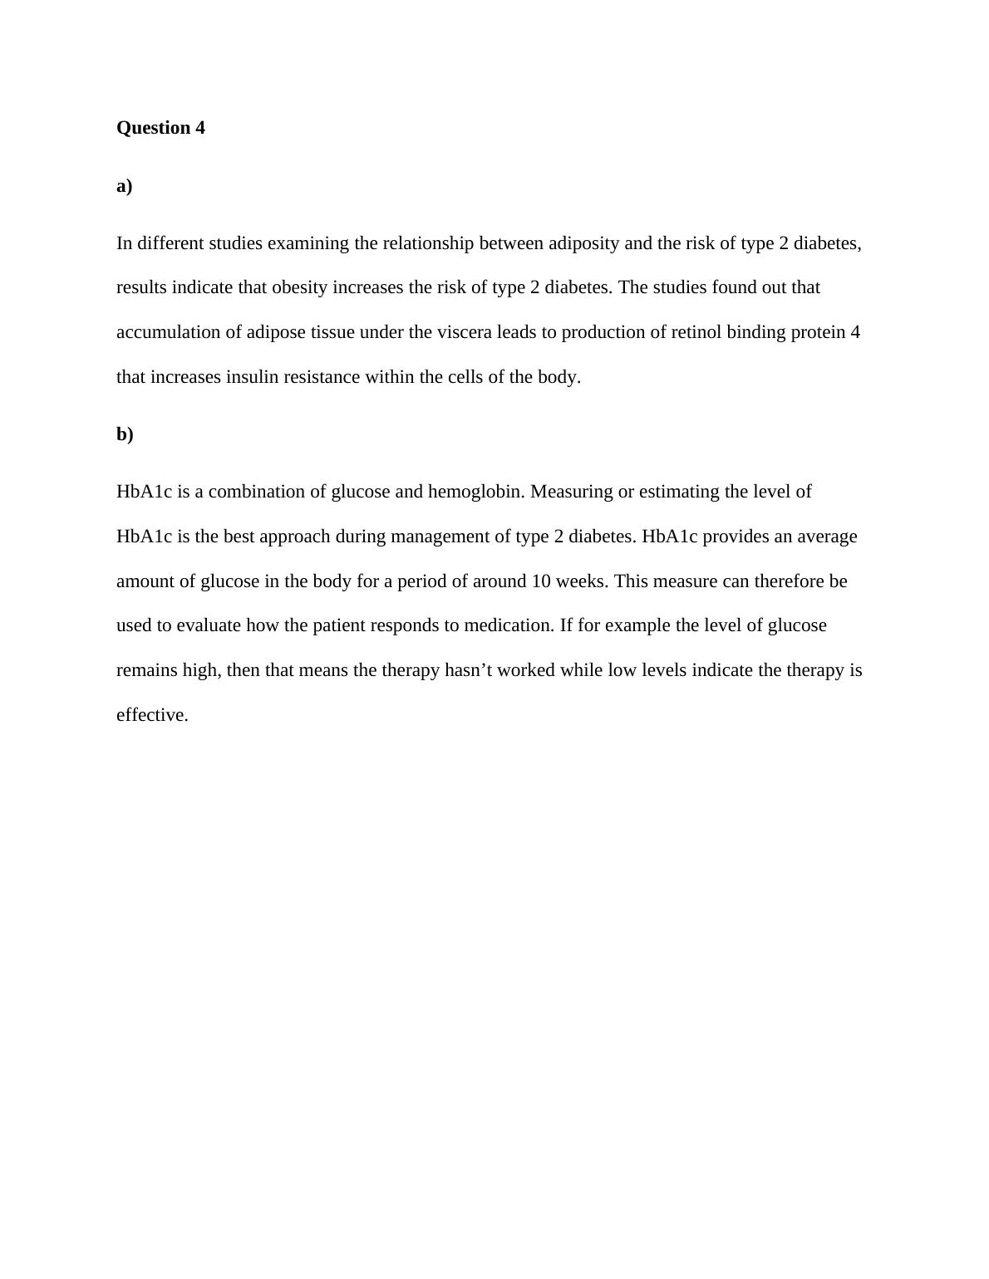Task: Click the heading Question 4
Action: (160, 128)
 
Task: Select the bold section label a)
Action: (125, 186)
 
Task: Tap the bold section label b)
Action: (125, 434)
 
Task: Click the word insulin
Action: (253, 377)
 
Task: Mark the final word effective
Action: (152, 715)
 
